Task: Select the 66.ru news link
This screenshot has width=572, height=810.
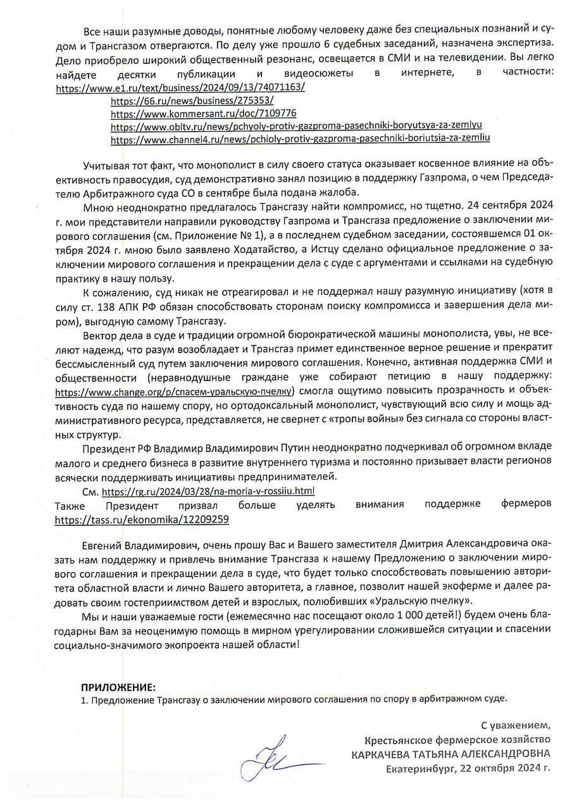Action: point(192,101)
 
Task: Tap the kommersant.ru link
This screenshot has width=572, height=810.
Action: point(203,113)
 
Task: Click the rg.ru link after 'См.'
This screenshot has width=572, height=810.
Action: point(208,491)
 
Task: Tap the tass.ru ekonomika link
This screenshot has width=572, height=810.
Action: point(142,519)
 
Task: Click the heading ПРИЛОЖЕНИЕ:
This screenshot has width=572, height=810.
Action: point(118,687)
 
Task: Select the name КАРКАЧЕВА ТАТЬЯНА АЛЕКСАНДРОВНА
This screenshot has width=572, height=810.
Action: point(451,754)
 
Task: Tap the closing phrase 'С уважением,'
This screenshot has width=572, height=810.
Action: point(516,725)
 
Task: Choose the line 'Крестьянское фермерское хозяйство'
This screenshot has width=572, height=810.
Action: point(457,739)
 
